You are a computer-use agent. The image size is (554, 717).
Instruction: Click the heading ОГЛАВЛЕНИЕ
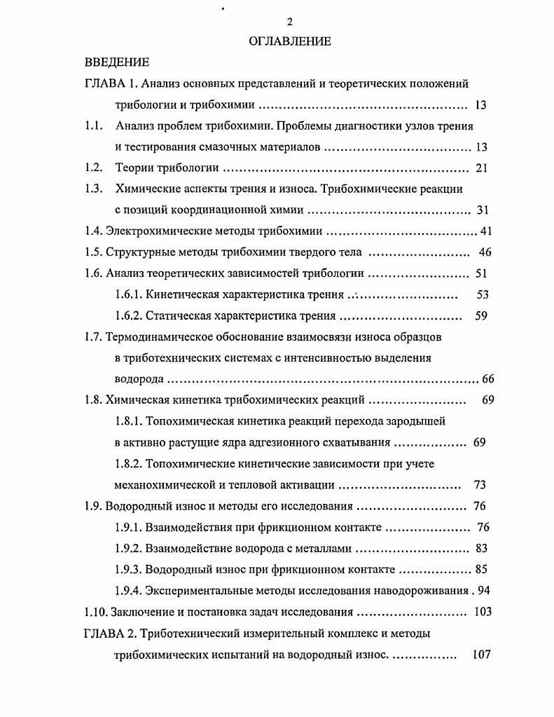pyautogui.click(x=290, y=41)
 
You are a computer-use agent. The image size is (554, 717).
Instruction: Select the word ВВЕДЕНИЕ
pyautogui.click(x=117, y=62)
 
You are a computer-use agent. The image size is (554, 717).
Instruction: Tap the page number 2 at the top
pyautogui.click(x=290, y=22)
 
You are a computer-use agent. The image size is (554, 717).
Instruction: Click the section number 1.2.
pyautogui.click(x=94, y=168)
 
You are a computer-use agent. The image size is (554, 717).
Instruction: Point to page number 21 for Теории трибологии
pyautogui.click(x=481, y=168)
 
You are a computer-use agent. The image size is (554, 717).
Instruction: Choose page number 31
pyautogui.click(x=482, y=210)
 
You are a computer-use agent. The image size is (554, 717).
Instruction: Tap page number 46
pyautogui.click(x=485, y=252)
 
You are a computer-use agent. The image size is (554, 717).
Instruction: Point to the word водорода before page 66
pyautogui.click(x=139, y=379)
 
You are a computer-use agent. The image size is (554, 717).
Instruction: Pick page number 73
pyautogui.click(x=480, y=484)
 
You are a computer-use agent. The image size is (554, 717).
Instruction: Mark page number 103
pyautogui.click(x=483, y=612)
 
